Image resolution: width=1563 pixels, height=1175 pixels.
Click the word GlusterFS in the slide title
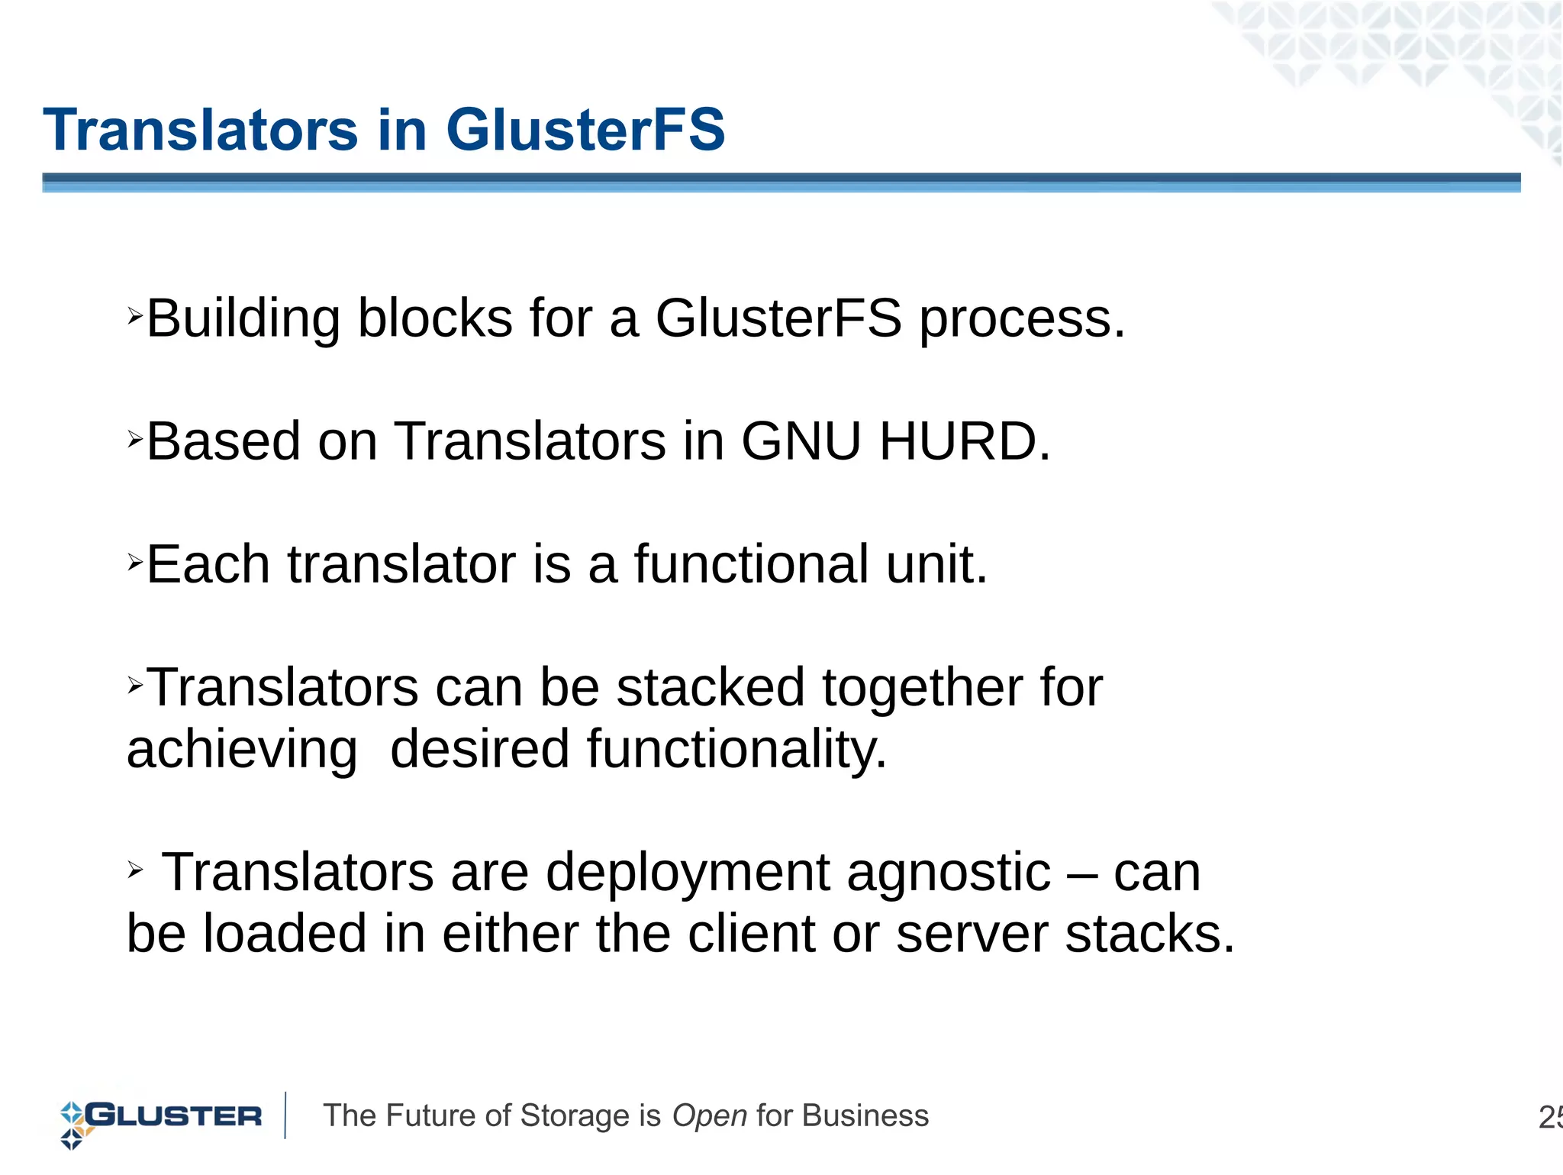(x=585, y=130)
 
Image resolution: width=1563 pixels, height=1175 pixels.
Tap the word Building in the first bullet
(x=243, y=318)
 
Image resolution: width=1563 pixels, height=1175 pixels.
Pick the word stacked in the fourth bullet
(x=710, y=687)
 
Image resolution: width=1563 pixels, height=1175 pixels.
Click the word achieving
(x=242, y=750)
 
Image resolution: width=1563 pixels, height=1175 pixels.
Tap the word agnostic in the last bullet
(x=948, y=872)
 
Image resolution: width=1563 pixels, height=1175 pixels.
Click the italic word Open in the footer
(x=709, y=1116)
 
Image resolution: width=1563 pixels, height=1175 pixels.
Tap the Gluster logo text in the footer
(x=174, y=1116)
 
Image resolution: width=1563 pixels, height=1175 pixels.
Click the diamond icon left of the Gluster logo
(x=73, y=1125)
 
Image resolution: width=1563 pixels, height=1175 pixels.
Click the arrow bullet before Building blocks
(x=135, y=315)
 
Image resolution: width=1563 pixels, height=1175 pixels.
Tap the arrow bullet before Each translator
(x=135, y=563)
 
